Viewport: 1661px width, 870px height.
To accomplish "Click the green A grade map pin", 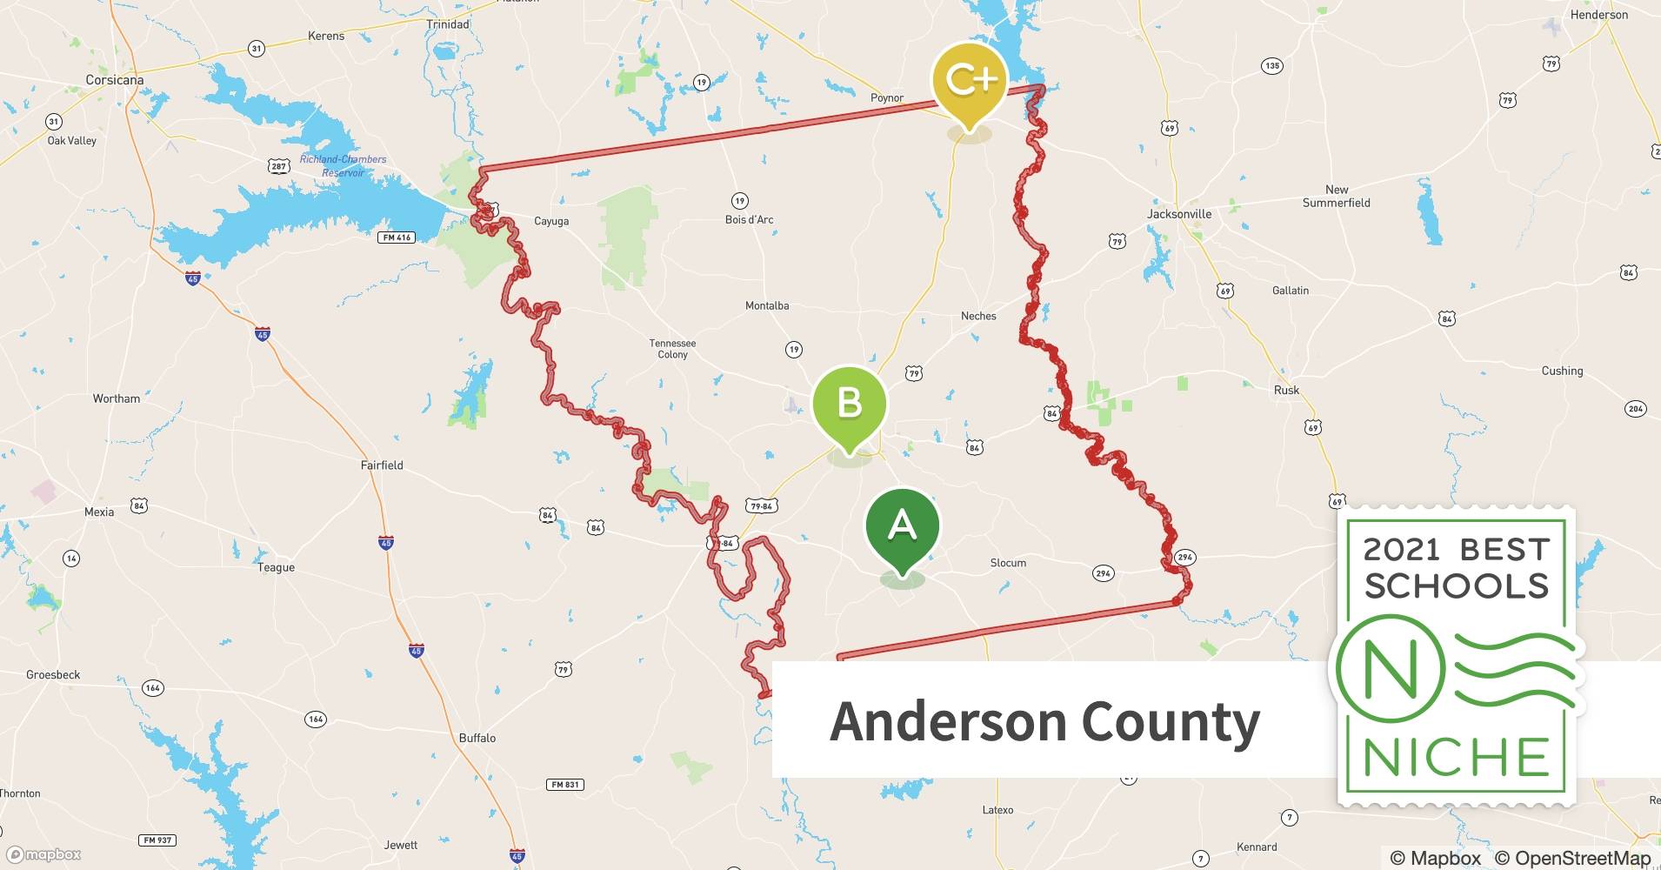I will click(902, 526).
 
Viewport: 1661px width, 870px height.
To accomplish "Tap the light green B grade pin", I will click(849, 404).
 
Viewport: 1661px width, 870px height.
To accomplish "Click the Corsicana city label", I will click(115, 80).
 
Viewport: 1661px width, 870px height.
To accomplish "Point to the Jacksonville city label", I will click(1179, 214).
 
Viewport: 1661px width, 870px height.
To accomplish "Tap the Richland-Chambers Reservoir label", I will click(343, 165).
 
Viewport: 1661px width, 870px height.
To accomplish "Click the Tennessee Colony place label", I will click(672, 349).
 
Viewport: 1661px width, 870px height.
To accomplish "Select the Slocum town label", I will click(1008, 563).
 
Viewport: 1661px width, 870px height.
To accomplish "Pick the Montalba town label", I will click(767, 305).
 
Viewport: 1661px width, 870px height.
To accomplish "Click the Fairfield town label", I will click(382, 465).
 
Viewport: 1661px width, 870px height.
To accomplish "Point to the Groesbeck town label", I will click(53, 675).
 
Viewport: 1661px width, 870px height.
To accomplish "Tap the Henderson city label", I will click(1599, 15).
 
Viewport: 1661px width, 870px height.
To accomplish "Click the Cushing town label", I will click(1562, 371).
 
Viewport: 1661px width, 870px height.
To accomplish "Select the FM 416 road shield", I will click(396, 238).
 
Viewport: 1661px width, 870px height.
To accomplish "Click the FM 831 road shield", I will click(565, 785).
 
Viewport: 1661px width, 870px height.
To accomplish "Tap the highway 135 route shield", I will click(1272, 66).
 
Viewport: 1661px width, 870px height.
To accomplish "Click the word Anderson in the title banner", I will click(948, 722).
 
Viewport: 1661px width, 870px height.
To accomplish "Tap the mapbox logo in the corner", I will click(43, 854).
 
